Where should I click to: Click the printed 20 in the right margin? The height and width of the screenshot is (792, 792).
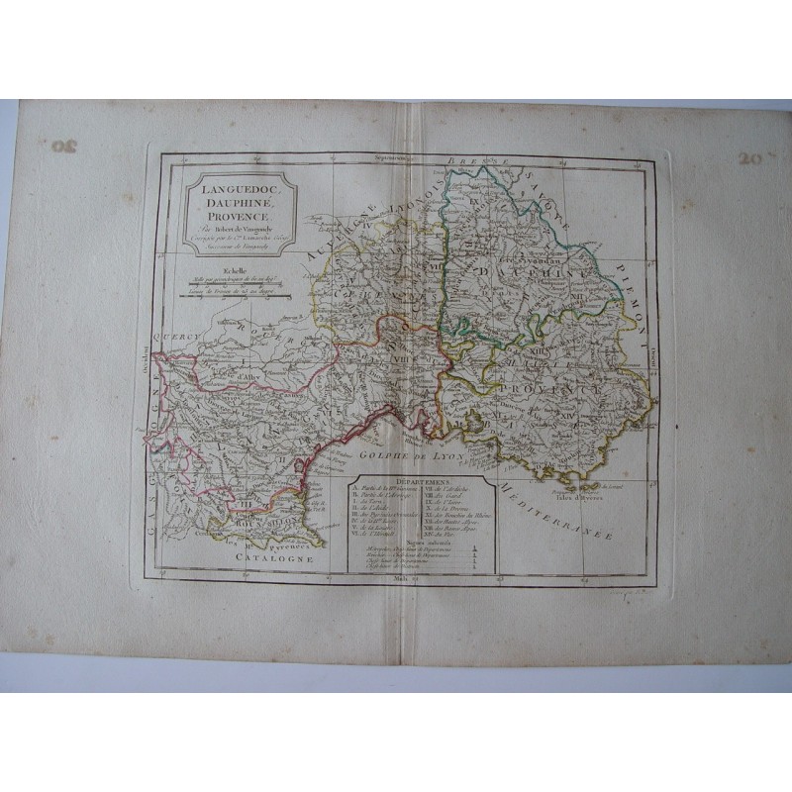pyautogui.click(x=749, y=156)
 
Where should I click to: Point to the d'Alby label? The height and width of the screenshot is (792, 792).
pyautogui.click(x=227, y=374)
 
